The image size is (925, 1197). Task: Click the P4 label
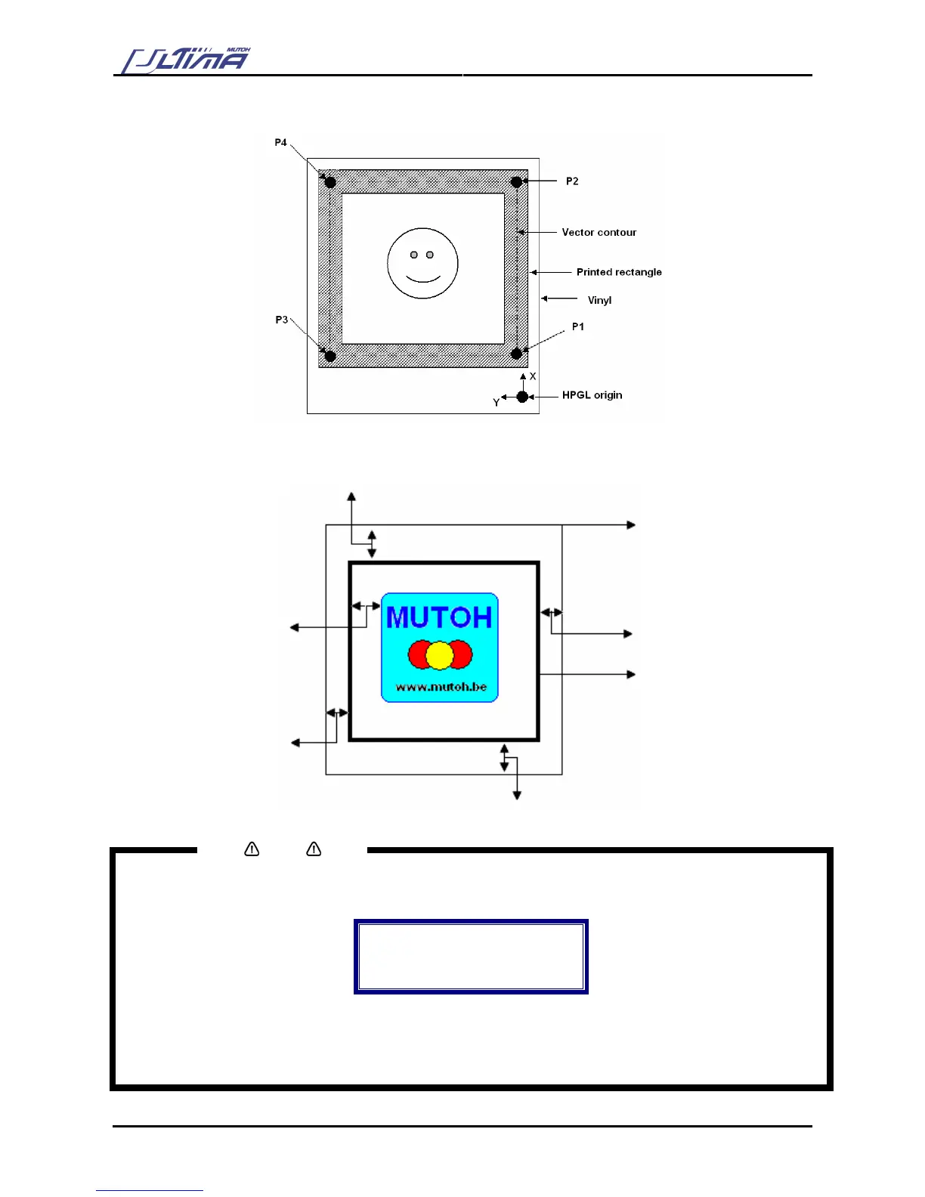[x=280, y=142]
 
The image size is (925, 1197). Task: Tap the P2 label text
[x=572, y=181]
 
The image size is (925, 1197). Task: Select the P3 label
[x=281, y=320]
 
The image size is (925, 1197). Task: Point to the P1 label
[x=578, y=326]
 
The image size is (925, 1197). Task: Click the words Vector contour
[x=599, y=232]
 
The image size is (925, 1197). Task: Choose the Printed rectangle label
[x=619, y=272]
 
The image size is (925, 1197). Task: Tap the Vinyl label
[x=599, y=300]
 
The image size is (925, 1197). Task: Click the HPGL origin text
[x=592, y=395]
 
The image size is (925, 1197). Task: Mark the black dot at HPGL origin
[x=522, y=397]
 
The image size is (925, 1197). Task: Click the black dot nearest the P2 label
[x=516, y=182]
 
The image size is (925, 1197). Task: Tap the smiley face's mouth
[x=422, y=279]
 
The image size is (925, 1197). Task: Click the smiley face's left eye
[x=414, y=255]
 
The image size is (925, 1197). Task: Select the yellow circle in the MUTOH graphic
[x=439, y=655]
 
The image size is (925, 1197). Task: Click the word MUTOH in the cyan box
[x=439, y=618]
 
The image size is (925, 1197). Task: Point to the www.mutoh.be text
[x=441, y=687]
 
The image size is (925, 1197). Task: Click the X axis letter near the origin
[x=533, y=376]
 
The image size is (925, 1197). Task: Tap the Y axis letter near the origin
[x=497, y=403]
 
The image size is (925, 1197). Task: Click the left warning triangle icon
[x=252, y=849]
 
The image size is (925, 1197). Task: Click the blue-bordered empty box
[x=471, y=956]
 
